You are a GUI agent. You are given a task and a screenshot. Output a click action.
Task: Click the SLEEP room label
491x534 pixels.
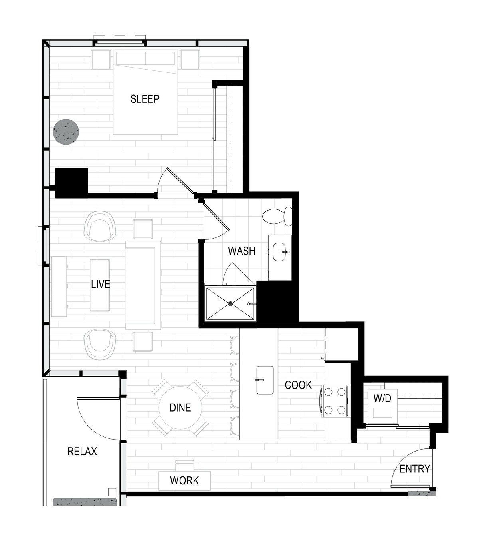(x=145, y=99)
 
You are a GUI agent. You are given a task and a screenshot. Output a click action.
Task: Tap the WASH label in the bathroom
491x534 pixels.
(x=242, y=251)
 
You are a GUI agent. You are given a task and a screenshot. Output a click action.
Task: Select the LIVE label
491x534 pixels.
(x=101, y=284)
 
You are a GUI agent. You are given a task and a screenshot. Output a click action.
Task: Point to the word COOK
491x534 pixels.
(x=298, y=385)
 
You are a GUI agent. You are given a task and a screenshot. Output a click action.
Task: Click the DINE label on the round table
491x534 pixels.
(x=180, y=408)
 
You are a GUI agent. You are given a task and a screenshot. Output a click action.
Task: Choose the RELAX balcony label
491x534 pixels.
(x=82, y=452)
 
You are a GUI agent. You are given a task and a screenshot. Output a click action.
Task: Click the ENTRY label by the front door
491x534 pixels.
(x=415, y=469)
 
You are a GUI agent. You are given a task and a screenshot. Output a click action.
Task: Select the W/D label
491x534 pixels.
(x=382, y=398)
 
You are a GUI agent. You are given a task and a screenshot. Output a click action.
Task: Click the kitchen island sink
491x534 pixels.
(x=265, y=380)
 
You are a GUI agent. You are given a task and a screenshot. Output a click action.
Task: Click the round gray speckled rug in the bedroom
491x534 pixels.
(x=66, y=132)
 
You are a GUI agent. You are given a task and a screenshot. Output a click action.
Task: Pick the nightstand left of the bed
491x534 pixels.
(x=101, y=60)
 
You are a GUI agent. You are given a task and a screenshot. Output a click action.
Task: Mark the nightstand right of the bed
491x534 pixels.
(x=190, y=60)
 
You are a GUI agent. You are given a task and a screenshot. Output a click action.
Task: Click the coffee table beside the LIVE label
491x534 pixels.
(x=100, y=285)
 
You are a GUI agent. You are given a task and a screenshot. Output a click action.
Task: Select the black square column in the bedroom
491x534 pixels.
(x=71, y=183)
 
